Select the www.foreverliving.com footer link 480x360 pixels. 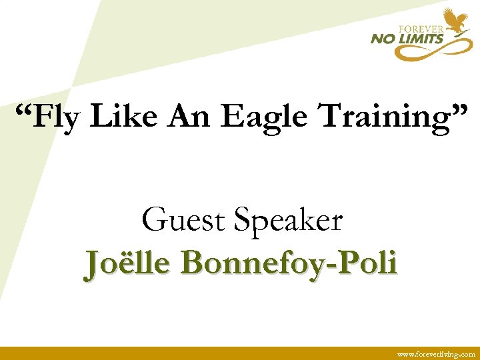[x=436, y=354]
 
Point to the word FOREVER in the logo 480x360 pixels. [x=422, y=29]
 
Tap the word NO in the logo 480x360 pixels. [x=384, y=39]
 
